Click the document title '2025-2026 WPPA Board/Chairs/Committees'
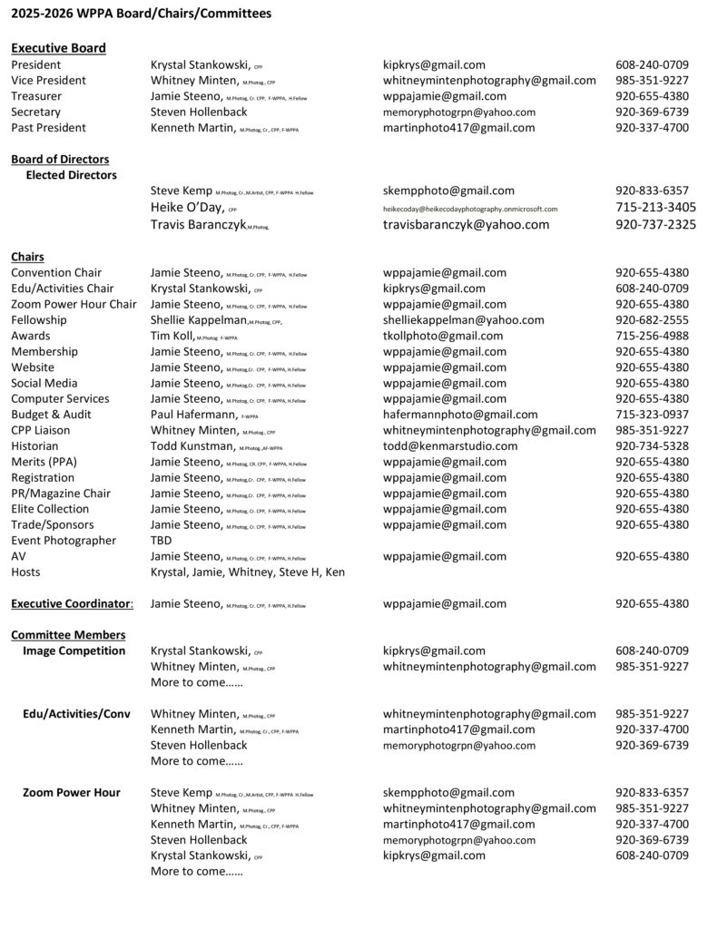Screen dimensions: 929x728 tap(141, 14)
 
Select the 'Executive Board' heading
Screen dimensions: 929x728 tap(58, 48)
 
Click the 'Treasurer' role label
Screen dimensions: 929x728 tap(36, 96)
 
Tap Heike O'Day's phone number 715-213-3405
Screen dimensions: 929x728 tap(655, 208)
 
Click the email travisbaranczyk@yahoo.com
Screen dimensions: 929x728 tap(466, 225)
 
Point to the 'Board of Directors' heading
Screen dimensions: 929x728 tap(60, 160)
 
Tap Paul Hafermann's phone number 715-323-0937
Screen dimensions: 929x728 tap(652, 415)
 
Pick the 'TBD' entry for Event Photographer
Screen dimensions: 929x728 tap(161, 541)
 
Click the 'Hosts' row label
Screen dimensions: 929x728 tap(25, 572)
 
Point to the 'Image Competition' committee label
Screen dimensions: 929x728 tap(74, 650)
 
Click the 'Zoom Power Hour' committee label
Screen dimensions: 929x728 tap(71, 793)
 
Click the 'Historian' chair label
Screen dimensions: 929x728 tap(36, 446)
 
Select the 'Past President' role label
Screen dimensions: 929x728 tap(48, 128)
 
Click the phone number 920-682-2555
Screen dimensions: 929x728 tap(652, 320)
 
